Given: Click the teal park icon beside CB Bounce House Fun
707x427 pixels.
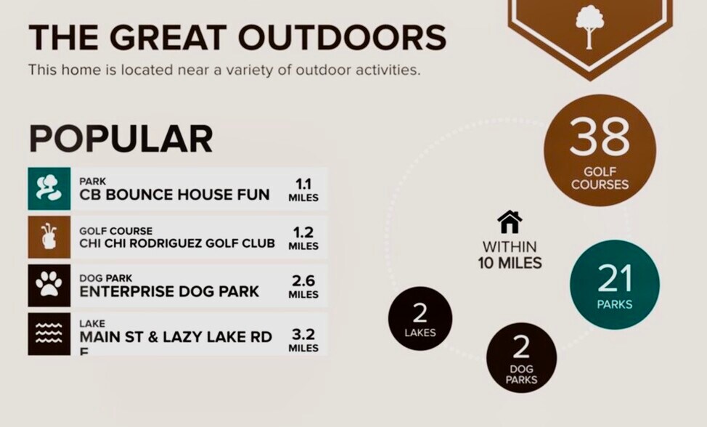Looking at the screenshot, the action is click(49, 189).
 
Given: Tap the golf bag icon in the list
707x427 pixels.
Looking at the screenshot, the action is click(49, 237).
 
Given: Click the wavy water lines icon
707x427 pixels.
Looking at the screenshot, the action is click(49, 334).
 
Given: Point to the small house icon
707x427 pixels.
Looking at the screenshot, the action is click(510, 221).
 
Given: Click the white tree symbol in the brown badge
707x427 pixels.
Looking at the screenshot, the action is click(589, 27).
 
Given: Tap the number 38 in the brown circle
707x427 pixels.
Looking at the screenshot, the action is click(600, 137).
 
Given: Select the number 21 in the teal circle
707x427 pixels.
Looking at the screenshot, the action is click(615, 278).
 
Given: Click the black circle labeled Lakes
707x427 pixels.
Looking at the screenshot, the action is click(420, 318).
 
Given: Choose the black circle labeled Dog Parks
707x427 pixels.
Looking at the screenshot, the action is click(521, 357).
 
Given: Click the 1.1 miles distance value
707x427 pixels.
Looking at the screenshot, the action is click(303, 190).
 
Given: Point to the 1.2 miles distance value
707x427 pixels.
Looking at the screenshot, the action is click(303, 238).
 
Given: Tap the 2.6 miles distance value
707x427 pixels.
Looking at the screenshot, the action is click(303, 287).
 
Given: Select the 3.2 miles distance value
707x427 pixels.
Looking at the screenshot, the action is click(303, 341).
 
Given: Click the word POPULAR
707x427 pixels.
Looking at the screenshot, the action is click(120, 139).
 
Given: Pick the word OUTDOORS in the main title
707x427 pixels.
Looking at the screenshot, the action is click(342, 37).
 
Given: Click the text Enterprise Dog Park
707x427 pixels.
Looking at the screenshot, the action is click(169, 291).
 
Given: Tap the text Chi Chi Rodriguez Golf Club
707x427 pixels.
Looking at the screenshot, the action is click(177, 243).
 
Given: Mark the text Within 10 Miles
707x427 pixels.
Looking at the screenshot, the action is click(510, 255).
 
